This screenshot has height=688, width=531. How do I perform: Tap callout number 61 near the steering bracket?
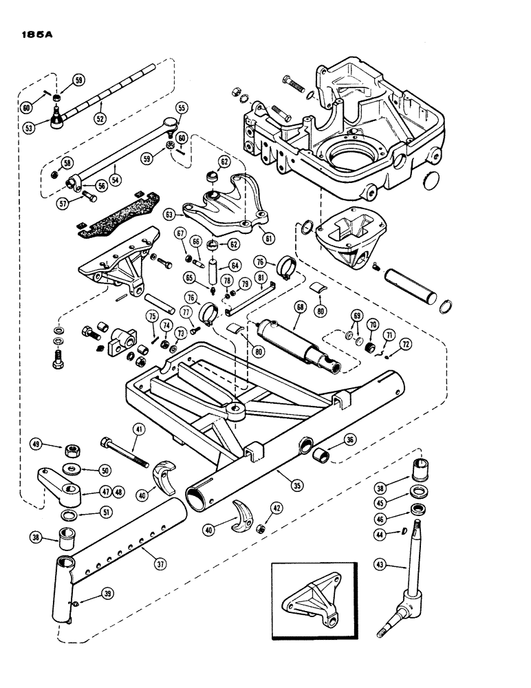point(267,239)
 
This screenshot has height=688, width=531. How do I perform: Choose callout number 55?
point(182,108)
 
